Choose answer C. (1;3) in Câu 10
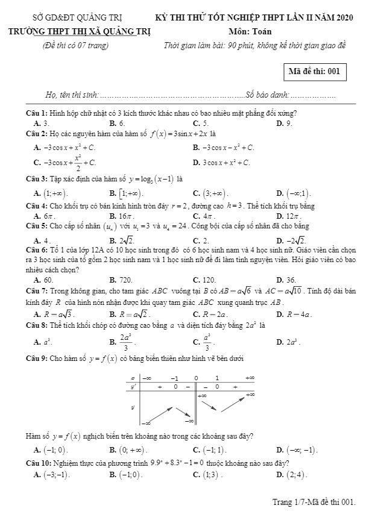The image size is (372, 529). pyautogui.click(x=207, y=475)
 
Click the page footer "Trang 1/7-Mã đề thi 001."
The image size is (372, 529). pyautogui.click(x=314, y=501)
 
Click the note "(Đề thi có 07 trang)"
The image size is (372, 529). pyautogui.click(x=71, y=45)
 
